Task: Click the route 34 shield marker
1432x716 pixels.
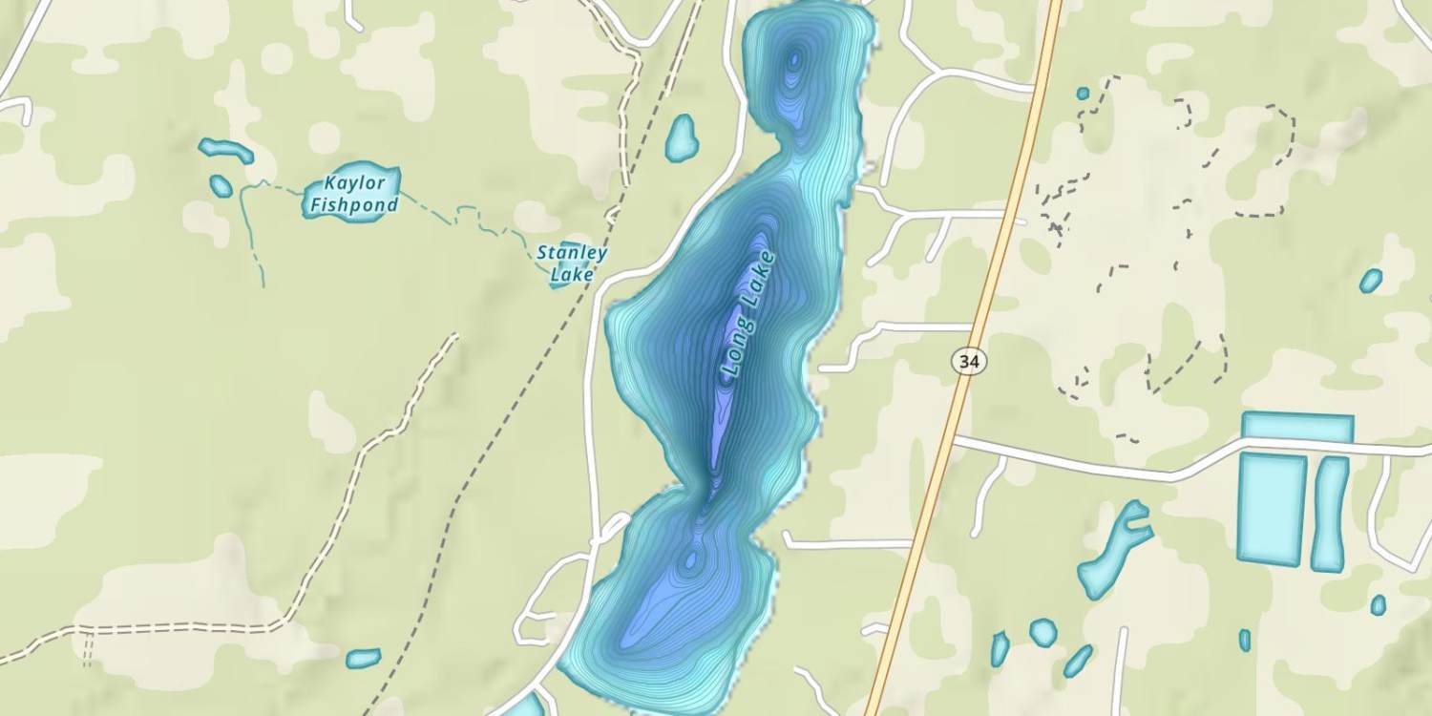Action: [969, 362]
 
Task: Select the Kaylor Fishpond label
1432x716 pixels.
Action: [352, 194]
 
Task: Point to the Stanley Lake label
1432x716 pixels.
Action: [571, 263]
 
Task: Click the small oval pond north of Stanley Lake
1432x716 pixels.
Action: [682, 137]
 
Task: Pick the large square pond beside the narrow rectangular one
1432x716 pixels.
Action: [1271, 508]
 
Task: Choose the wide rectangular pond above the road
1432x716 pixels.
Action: [1297, 427]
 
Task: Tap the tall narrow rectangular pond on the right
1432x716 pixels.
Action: [1330, 514]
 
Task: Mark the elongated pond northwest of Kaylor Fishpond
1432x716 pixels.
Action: [226, 150]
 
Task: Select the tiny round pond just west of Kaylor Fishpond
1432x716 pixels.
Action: [221, 185]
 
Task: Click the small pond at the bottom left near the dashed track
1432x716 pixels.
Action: [363, 658]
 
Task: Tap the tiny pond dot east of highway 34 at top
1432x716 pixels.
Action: [1083, 94]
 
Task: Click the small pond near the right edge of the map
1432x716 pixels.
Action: [1371, 281]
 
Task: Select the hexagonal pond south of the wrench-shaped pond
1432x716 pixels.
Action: [1042, 632]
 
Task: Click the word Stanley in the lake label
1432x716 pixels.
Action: [571, 253]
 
